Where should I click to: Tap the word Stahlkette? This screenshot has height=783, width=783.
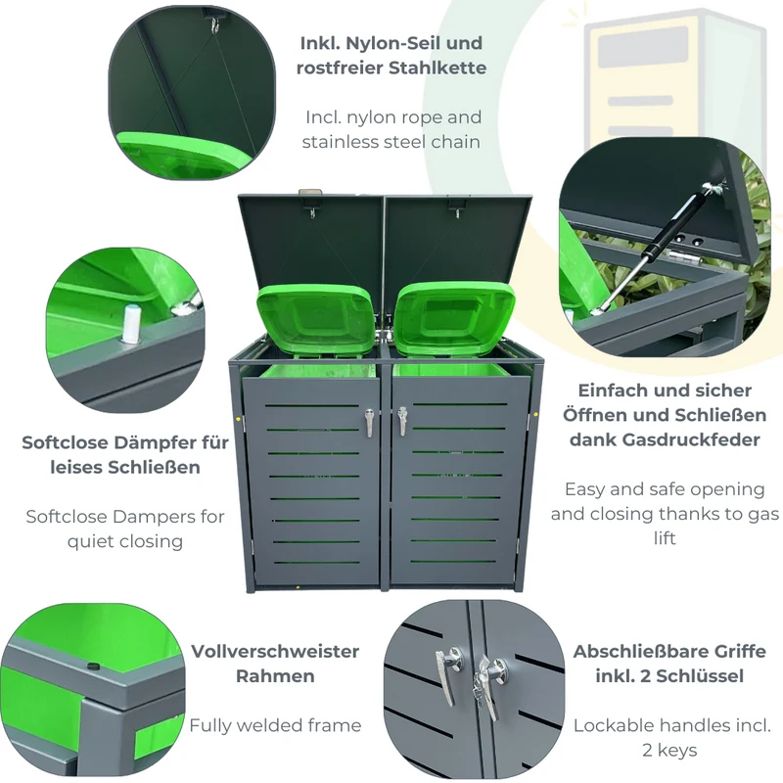pos(438,68)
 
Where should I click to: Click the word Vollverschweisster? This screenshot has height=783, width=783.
pos(275,651)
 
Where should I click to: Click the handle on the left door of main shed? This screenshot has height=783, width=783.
pos(369,422)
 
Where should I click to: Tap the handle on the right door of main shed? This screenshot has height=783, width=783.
pos(402,422)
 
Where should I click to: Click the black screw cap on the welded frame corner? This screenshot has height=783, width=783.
pos(92,667)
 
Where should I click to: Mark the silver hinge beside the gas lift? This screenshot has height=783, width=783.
pos(683,256)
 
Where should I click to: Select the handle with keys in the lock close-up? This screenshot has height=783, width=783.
pos(487,685)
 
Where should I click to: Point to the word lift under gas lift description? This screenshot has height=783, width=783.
pos(665,538)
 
